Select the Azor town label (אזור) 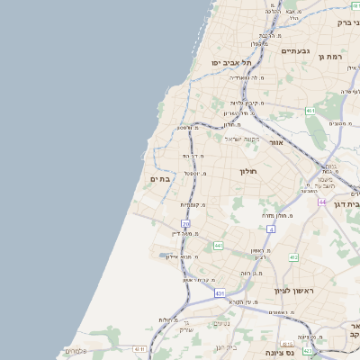tap(276, 142)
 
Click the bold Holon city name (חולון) tap(248, 171)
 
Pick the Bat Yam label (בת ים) tap(159, 179)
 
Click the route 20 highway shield tap(185, 223)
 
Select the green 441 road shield tap(218, 245)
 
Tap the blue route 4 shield tap(271, 229)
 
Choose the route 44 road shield tap(321, 202)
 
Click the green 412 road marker tap(293, 257)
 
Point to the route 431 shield tap(220, 293)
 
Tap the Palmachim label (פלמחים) tap(75, 351)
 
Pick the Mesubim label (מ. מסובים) tap(339, 123)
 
